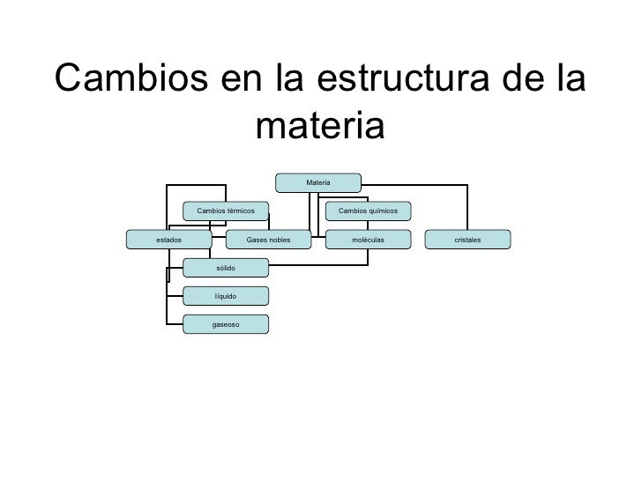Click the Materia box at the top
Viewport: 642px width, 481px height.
[x=317, y=182]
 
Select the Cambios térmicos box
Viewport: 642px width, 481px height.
[x=226, y=211]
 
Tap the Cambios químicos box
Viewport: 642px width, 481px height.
[x=368, y=211]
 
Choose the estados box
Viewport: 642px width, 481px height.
[x=168, y=239]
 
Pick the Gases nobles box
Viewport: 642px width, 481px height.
[x=269, y=239]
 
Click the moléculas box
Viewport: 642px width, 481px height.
[x=368, y=239]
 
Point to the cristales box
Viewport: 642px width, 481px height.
[x=467, y=239]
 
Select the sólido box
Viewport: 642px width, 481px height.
[x=226, y=267]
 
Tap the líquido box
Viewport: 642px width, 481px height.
[x=226, y=296]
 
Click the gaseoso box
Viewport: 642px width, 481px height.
[x=226, y=324]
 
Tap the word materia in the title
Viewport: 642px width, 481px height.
[x=319, y=128]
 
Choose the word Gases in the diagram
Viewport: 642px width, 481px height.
[x=257, y=239]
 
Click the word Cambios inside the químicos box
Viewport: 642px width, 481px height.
[x=352, y=211]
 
